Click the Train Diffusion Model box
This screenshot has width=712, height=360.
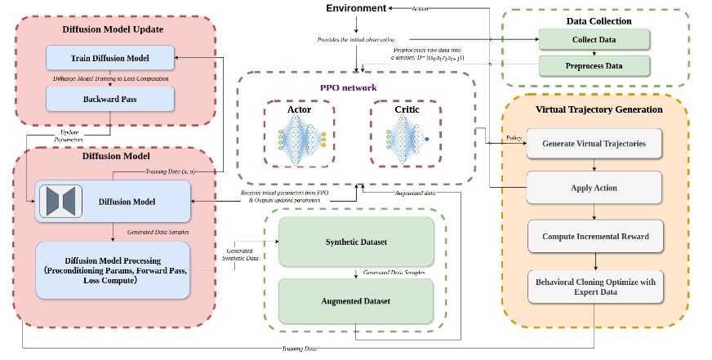(110, 57)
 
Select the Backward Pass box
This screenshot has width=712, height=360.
(110, 98)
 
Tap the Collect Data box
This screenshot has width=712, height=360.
(594, 38)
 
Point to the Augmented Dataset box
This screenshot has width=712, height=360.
(356, 301)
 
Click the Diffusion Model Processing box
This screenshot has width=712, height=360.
(113, 269)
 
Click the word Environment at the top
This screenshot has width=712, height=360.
(356, 8)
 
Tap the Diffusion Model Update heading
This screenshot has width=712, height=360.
(113, 29)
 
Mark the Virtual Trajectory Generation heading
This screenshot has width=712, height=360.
(599, 109)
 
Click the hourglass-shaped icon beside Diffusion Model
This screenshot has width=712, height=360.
(60, 201)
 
